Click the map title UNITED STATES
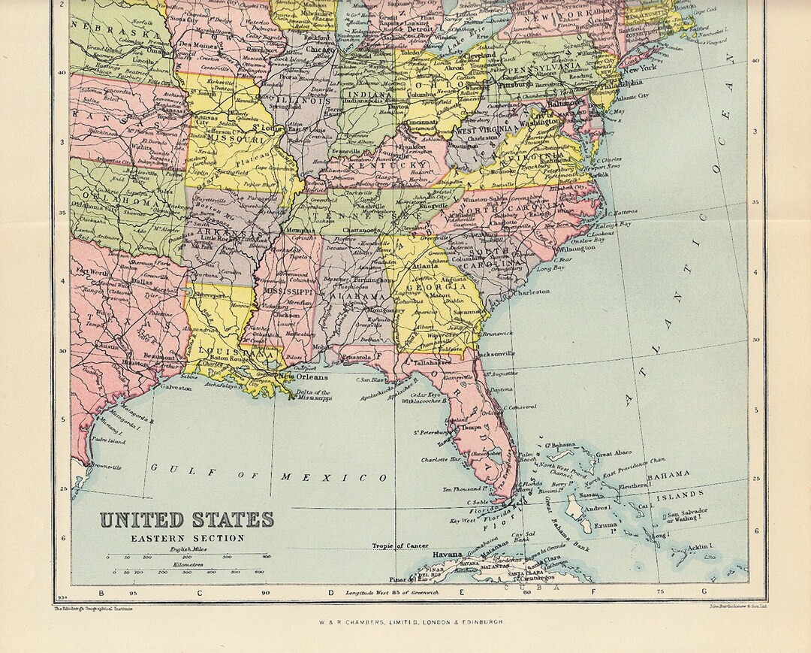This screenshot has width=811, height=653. (187, 519)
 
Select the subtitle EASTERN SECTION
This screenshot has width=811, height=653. (188, 538)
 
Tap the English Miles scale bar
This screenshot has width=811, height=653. (188, 557)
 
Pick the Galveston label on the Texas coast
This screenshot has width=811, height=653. (176, 388)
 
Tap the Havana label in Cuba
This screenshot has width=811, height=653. (447, 555)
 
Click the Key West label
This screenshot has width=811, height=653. (463, 520)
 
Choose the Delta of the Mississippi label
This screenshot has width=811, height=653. (313, 396)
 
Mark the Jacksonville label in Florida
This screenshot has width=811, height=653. (496, 352)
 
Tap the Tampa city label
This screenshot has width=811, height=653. (471, 427)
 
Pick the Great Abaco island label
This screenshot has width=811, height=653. (614, 453)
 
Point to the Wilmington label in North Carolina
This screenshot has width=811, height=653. (577, 247)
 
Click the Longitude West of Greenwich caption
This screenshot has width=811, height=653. (390, 593)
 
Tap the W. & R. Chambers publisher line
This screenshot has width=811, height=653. (406, 622)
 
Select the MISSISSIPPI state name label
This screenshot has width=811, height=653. (287, 291)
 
